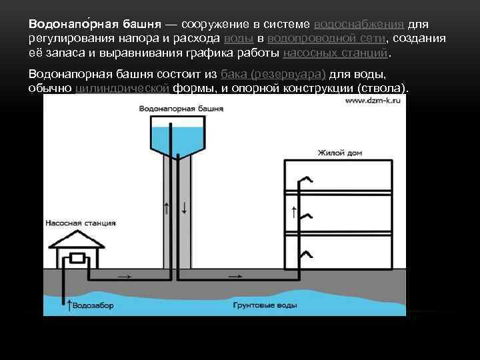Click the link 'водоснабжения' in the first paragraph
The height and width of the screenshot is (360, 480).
click(359, 23)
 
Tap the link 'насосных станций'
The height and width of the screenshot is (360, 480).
click(335, 53)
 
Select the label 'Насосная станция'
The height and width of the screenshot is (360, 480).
click(80, 223)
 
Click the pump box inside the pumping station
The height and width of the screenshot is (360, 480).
click(78, 258)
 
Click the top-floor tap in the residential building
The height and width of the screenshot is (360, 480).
click(306, 179)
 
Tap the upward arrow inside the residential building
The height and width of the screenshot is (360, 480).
click(294, 213)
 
